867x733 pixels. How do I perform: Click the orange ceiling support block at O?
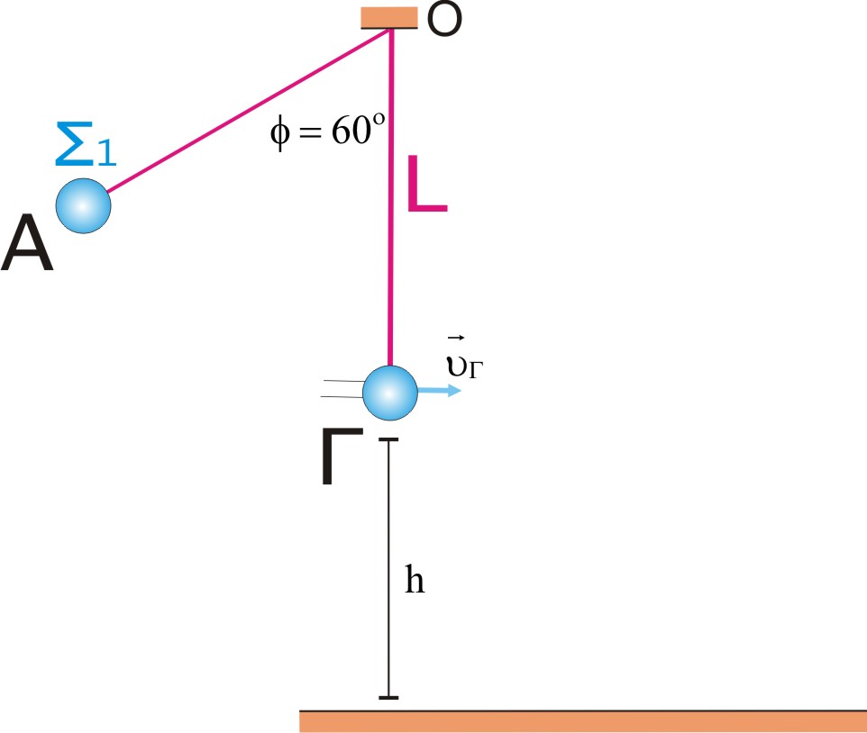pos(389,18)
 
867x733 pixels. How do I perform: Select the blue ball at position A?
pos(84,206)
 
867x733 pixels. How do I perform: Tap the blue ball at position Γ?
pos(390,393)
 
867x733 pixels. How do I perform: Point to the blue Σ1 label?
pos(87,144)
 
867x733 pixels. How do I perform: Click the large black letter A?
pos(27,244)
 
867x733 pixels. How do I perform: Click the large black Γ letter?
pos(342,457)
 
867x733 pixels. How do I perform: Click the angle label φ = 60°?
pos(327,131)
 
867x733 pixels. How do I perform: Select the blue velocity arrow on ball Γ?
pos(439,391)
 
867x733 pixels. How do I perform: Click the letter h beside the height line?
pos(415,579)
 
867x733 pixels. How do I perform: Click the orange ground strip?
pos(583,721)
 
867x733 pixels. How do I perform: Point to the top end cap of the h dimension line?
pos(388,439)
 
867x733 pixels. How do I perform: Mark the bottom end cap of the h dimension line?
pos(388,698)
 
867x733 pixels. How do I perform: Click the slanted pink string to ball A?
pos(249,111)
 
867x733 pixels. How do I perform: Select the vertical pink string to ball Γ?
pos(391,197)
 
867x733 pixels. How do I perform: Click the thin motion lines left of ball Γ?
pos(342,389)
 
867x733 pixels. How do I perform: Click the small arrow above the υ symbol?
pos(456,338)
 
